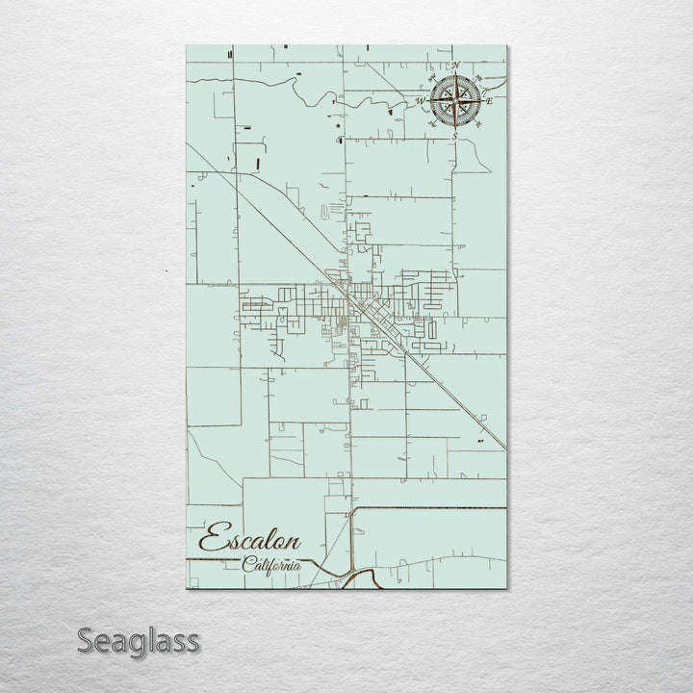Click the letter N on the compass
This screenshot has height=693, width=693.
[x=455, y=65]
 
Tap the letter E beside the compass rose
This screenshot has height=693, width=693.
[x=489, y=100]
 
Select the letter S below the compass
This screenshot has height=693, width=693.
[x=454, y=137]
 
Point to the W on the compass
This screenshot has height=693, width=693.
[x=420, y=100]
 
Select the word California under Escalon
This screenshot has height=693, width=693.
[x=271, y=565]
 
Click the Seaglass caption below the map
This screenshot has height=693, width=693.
[x=139, y=640]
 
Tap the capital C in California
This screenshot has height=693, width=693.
[x=248, y=564]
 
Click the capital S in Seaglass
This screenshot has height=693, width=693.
[x=87, y=640]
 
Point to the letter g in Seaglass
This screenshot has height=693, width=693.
[x=137, y=644]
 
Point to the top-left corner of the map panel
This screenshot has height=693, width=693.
[x=186, y=45]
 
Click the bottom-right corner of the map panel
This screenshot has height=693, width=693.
[x=506, y=588]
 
